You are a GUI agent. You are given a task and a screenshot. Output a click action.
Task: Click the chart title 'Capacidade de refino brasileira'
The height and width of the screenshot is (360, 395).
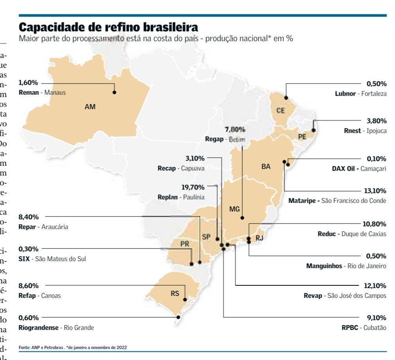(108, 27)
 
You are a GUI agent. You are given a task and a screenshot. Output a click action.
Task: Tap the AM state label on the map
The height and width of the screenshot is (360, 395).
(90, 106)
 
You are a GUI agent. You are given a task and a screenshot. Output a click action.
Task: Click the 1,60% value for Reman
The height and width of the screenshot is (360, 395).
(28, 83)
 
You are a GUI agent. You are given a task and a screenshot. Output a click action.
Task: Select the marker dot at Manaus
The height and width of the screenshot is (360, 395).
(115, 92)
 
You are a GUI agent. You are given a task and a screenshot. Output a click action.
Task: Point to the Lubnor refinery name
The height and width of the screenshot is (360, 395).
(345, 94)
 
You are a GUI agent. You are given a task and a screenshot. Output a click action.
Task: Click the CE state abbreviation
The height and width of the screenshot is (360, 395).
(280, 111)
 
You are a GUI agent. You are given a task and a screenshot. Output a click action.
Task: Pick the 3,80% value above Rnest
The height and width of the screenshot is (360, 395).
(376, 120)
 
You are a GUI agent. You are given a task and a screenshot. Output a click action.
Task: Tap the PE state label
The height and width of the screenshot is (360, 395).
(302, 137)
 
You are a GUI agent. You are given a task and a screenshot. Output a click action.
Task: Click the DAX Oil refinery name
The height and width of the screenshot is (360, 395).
(343, 169)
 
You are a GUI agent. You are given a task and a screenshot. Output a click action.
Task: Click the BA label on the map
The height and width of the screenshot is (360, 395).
(266, 167)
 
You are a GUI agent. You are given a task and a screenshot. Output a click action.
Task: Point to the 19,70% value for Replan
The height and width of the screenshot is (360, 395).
(193, 187)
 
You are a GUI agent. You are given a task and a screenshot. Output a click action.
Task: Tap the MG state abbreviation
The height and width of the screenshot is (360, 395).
(234, 209)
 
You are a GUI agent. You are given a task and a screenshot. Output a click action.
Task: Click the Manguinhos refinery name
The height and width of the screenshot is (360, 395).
(324, 266)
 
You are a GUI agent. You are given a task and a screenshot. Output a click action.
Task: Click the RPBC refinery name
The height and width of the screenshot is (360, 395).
(350, 328)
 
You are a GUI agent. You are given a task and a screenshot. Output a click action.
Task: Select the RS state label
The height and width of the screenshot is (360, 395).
(175, 294)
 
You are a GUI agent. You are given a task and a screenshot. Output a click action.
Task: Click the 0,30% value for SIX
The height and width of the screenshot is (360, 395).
(28, 249)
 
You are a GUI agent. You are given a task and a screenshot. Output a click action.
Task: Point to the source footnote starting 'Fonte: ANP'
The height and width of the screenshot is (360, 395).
(72, 347)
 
